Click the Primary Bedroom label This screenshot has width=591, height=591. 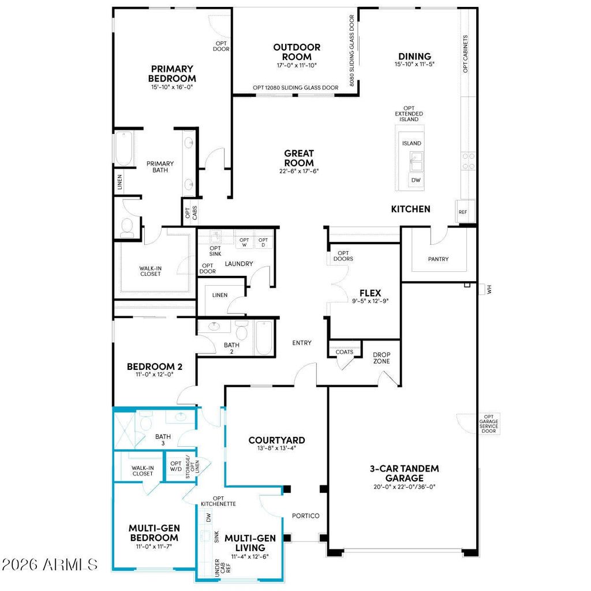[172, 73]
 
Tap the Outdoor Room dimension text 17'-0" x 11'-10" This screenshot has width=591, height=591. [297, 65]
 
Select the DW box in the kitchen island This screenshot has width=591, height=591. [416, 180]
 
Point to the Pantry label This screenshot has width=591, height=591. [439, 259]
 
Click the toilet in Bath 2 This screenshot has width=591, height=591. [241, 330]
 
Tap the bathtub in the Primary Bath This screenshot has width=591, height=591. [124, 148]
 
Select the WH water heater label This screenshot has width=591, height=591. [489, 290]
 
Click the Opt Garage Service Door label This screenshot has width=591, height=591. [489, 424]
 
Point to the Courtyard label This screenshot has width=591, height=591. [276, 440]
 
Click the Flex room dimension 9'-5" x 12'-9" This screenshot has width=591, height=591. [370, 301]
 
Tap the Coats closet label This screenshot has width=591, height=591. [345, 352]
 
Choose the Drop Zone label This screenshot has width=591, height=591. [381, 358]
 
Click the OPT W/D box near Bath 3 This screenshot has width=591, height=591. [175, 466]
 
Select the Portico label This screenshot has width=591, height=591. [306, 515]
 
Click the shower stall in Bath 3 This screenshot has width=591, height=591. [125, 430]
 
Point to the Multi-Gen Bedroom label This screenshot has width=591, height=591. [154, 533]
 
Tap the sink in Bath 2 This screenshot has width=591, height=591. [214, 326]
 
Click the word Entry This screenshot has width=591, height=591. [302, 343]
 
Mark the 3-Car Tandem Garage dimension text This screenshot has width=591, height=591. [405, 487]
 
